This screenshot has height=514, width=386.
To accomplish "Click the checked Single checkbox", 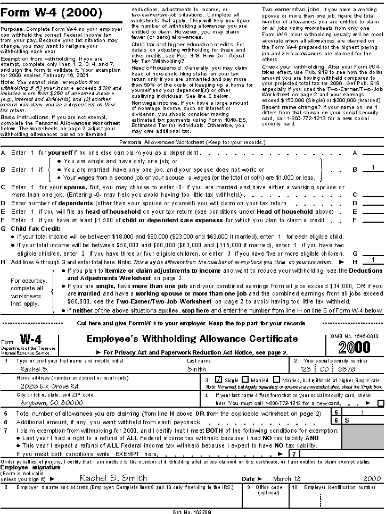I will click(x=218, y=380).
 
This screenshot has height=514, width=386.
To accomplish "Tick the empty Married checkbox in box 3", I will click(x=245, y=380).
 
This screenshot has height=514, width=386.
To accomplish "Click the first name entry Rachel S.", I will click(x=34, y=369).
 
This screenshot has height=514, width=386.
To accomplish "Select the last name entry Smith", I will click(x=197, y=369).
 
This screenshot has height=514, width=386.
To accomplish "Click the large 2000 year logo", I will click(x=354, y=347).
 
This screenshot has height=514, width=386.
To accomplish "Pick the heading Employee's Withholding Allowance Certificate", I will click(x=192, y=339).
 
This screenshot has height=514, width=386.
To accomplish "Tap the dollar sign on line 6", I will click(x=347, y=420).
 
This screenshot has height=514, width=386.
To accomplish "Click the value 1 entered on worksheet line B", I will click(x=373, y=168).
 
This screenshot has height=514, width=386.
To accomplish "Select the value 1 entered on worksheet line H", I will click(x=373, y=260).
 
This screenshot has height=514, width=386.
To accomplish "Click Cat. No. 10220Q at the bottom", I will click(x=192, y=511).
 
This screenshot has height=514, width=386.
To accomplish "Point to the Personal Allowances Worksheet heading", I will click(x=192, y=142).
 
